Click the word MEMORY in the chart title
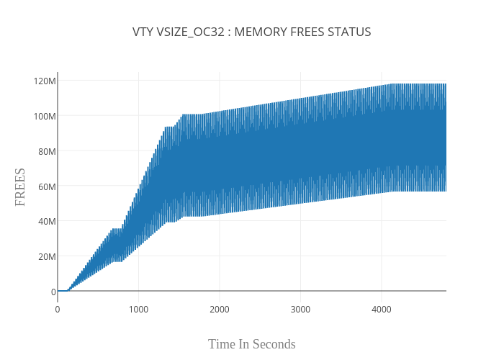point(264,32)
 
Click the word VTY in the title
point(143,32)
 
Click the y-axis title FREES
point(20,187)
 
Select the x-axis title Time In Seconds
point(252,344)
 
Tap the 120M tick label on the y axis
point(45,81)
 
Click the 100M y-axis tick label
point(45,116)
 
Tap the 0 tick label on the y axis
point(53,292)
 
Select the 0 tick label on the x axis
point(58,310)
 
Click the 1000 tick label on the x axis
point(138,310)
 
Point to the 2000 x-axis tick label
point(220,310)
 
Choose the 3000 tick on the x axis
point(300,310)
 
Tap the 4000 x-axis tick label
point(381,310)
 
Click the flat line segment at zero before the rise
point(63,291)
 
